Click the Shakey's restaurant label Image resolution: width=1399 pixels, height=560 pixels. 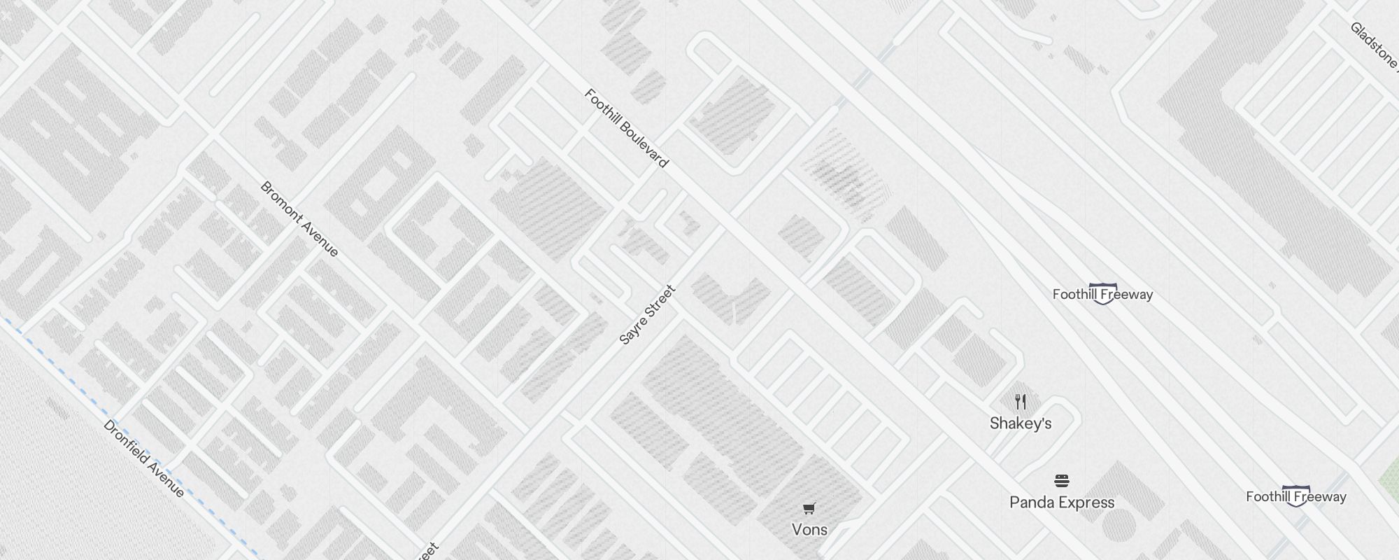(1021, 423)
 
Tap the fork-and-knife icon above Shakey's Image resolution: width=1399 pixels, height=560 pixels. (1021, 402)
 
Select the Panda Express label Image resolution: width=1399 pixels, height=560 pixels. (1062, 503)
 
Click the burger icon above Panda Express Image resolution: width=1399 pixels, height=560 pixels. (1062, 481)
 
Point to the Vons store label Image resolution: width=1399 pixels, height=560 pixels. (809, 530)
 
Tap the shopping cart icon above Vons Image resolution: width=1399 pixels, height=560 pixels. (809, 508)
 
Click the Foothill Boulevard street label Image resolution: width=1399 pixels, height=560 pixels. (626, 128)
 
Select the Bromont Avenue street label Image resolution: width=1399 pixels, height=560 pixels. (299, 219)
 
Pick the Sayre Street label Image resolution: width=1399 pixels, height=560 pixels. (648, 314)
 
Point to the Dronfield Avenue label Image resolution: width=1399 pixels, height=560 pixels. (144, 458)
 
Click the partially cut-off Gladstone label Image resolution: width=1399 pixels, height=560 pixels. (1374, 45)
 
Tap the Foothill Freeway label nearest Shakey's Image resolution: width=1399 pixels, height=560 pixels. (1102, 295)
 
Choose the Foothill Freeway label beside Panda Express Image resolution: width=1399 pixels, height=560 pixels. (1295, 497)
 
